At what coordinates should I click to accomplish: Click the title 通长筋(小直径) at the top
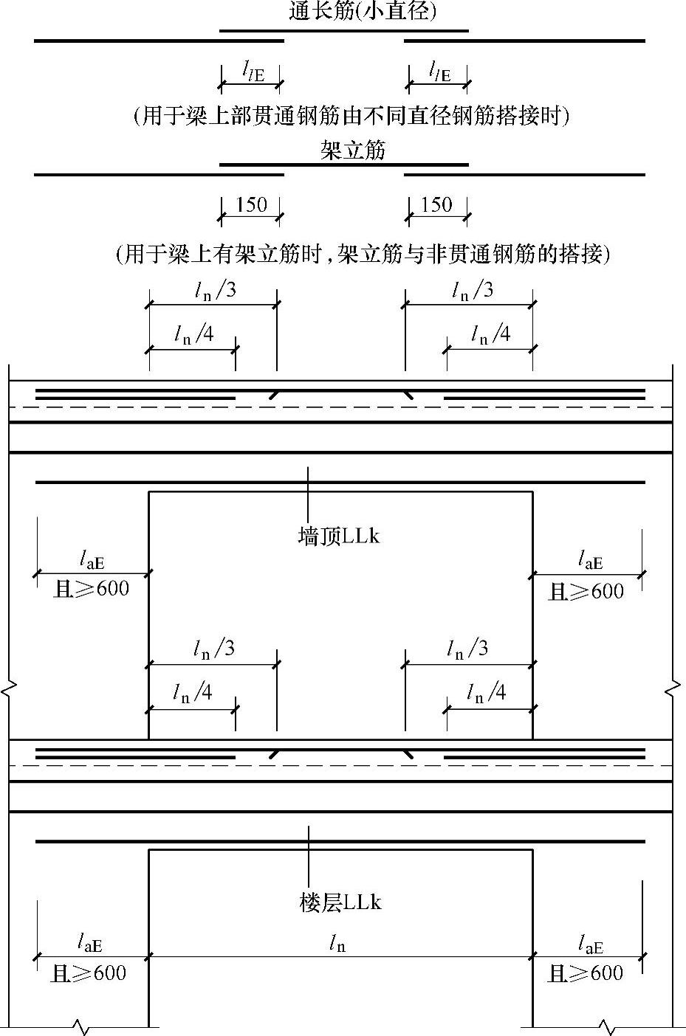(x=361, y=12)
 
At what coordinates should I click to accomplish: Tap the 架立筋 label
(x=353, y=151)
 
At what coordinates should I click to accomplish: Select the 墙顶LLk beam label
(x=339, y=536)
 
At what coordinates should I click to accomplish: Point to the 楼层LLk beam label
(x=340, y=902)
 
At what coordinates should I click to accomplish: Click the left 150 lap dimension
(x=251, y=204)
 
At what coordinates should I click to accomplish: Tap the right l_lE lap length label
(x=439, y=72)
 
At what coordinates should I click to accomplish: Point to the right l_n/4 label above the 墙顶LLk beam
(x=490, y=334)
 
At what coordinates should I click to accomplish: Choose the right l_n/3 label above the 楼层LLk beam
(x=467, y=649)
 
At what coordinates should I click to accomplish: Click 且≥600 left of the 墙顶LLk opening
(x=92, y=589)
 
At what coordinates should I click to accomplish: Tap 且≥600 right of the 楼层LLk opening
(x=586, y=973)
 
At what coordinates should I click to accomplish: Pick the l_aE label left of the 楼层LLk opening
(x=90, y=944)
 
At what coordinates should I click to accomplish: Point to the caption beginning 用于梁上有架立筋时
(x=363, y=255)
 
